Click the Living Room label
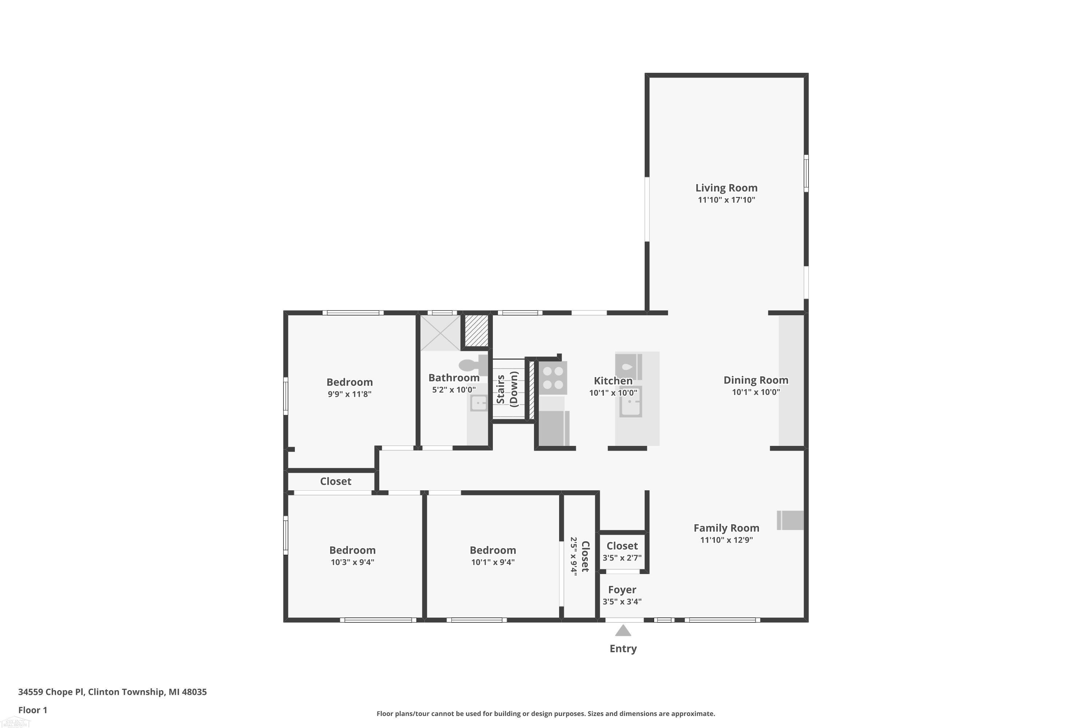coord(726,188)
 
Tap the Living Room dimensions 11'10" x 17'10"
coord(726,200)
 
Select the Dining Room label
coord(756,380)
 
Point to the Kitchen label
coord(613,381)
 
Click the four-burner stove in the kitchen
coord(553,378)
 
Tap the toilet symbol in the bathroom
coord(474,365)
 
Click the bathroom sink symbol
coord(478,403)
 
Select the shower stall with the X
coord(440,333)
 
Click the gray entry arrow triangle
coord(623,630)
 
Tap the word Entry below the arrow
coord(623,649)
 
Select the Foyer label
coord(622,590)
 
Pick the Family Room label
coord(727,528)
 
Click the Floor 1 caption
coord(32,710)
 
